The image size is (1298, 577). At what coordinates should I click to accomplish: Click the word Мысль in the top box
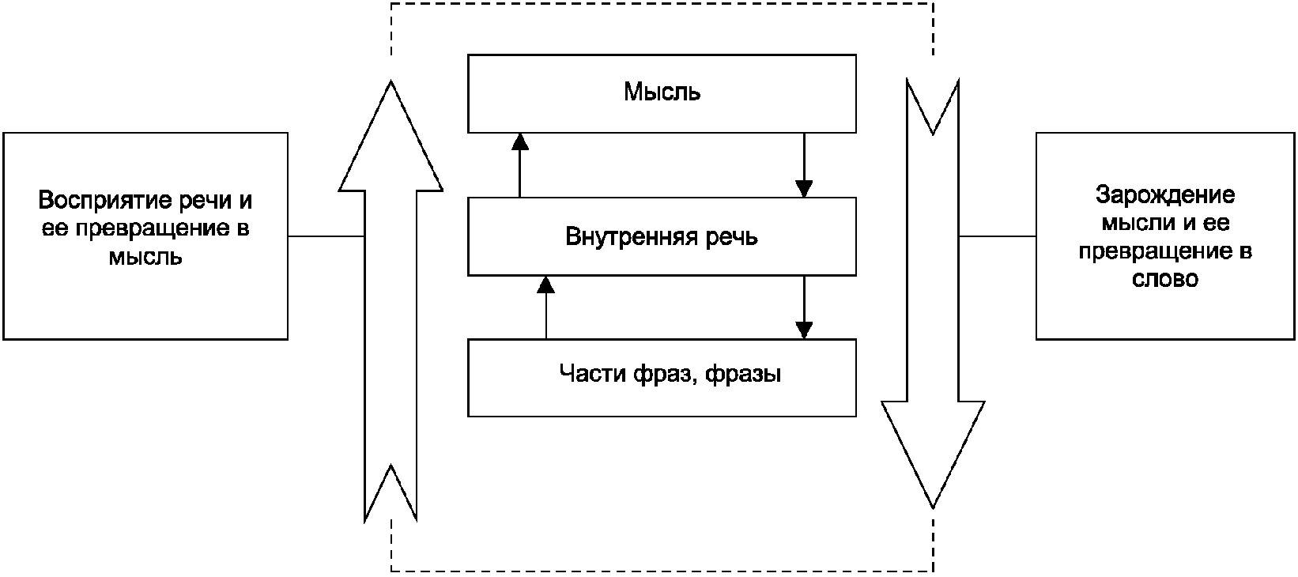(662, 92)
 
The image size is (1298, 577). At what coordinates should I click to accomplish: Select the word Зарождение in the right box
(1164, 195)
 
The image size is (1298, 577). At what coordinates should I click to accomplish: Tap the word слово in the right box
(1164, 279)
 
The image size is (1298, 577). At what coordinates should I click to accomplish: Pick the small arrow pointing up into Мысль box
(520, 165)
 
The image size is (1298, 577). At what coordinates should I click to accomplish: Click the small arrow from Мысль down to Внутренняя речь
(804, 165)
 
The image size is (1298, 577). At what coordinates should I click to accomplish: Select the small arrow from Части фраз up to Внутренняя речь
(546, 307)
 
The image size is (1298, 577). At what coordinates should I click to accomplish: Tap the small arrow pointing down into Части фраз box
(804, 307)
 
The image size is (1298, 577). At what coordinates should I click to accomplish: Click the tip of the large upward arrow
(391, 81)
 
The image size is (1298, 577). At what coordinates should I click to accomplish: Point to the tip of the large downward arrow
(932, 508)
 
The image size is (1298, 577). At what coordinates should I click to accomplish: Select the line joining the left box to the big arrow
(326, 236)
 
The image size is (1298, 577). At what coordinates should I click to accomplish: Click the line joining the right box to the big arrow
(998, 236)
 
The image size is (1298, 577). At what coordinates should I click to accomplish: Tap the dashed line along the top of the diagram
(662, 3)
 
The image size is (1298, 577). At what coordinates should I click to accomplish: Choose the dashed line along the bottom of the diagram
(662, 571)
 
